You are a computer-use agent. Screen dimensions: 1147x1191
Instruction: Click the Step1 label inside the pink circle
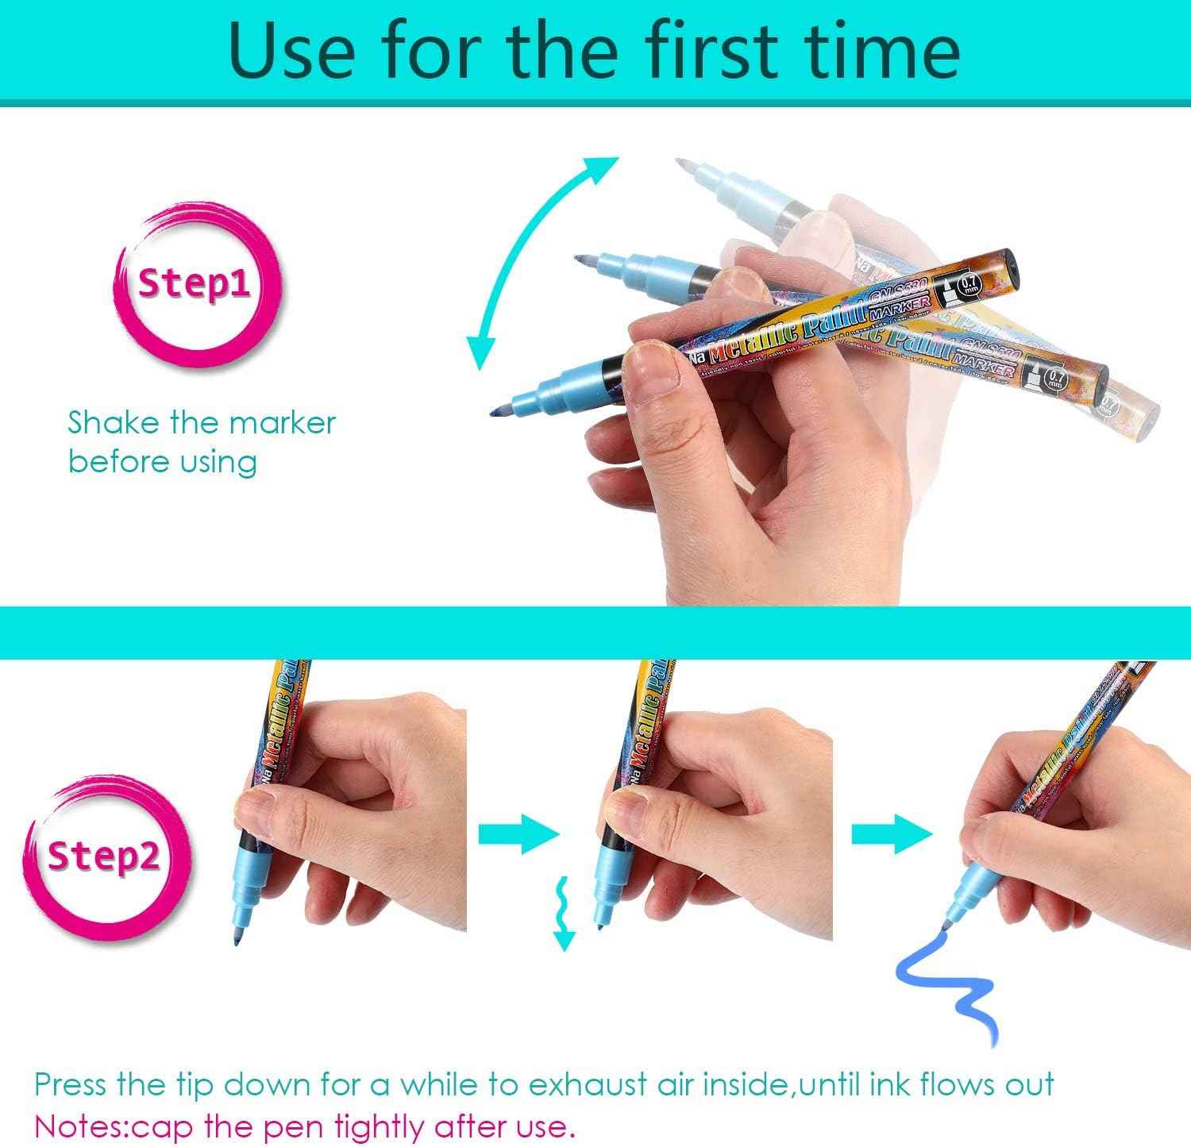(195, 284)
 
